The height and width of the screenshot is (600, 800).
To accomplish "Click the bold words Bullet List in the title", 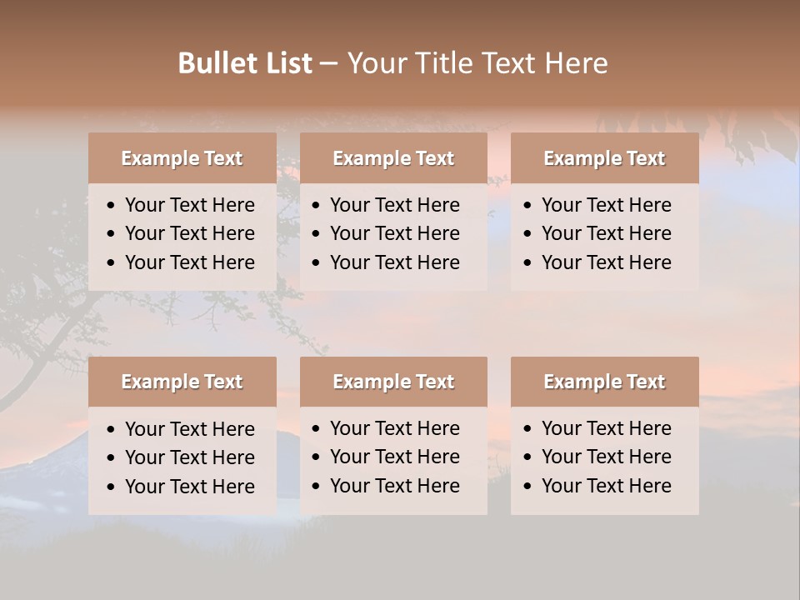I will click(x=245, y=63).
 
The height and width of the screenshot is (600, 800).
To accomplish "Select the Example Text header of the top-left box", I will click(x=182, y=158).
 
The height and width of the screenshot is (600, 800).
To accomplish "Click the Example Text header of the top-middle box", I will click(x=393, y=158).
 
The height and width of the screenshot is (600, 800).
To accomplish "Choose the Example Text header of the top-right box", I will click(x=604, y=158).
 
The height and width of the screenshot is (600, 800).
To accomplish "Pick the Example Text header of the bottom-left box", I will click(x=182, y=382).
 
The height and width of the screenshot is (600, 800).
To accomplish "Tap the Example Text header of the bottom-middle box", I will click(x=393, y=382).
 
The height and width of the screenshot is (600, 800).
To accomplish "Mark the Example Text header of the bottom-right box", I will click(x=604, y=382).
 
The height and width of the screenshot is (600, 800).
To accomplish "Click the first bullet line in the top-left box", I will click(x=189, y=205).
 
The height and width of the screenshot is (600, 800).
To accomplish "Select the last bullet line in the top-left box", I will click(x=189, y=262).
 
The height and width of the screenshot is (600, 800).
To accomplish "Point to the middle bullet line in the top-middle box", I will click(x=394, y=233).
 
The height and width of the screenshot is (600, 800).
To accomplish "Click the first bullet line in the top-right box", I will click(x=606, y=205).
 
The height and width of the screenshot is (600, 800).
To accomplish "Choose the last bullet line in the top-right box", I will click(x=606, y=262).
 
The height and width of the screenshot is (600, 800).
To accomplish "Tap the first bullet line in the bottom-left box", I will click(x=189, y=429).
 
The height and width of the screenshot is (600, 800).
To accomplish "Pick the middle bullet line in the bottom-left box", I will click(x=189, y=457).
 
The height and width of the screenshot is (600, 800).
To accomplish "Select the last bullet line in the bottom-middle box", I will click(x=394, y=486).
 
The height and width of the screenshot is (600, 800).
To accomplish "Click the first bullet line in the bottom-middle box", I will click(x=394, y=428).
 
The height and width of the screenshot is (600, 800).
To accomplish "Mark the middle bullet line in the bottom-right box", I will click(x=606, y=457).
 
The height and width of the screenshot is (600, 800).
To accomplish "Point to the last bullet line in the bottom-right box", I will click(x=606, y=486).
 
